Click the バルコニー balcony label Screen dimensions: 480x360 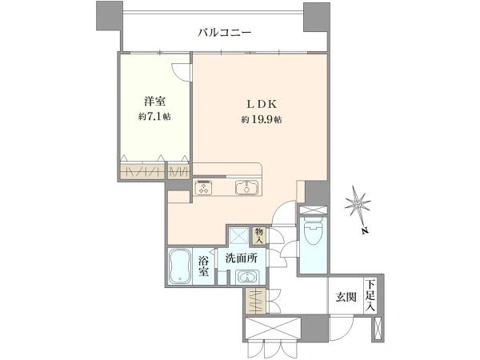click(x=224, y=33)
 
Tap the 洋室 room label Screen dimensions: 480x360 click(x=154, y=101)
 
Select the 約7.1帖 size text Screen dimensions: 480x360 click(x=154, y=117)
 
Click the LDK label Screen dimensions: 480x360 click(x=262, y=104)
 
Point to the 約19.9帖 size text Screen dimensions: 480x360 click(x=262, y=119)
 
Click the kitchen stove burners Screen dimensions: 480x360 click(x=203, y=187)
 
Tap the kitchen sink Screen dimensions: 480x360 click(x=246, y=187)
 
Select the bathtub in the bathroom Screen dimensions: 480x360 click(x=180, y=266)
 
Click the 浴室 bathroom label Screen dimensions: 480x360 click(x=203, y=266)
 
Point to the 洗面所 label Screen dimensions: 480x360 click(x=242, y=258)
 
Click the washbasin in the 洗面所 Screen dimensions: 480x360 click(x=247, y=278)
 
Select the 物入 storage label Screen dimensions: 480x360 click(x=259, y=236)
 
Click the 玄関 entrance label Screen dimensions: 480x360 click(x=346, y=297)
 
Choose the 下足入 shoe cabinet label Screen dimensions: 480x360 click(x=370, y=296)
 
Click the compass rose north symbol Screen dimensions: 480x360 click(x=358, y=203)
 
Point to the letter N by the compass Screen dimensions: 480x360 click(x=364, y=231)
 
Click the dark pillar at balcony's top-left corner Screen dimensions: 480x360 click(x=110, y=16)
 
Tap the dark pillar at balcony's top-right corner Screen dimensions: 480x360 click(x=317, y=16)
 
